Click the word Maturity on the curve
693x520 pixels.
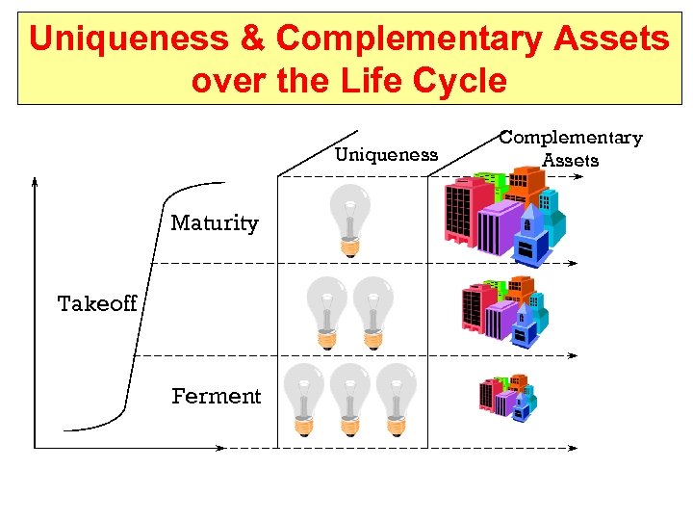(215, 223)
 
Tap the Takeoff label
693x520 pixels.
(97, 304)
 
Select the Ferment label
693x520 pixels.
(216, 396)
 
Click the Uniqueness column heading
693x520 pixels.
(386, 155)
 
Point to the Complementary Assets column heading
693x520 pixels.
(571, 148)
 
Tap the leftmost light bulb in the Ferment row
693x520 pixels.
(303, 398)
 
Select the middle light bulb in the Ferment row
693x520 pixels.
(349, 398)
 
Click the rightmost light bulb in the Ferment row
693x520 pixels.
(395, 398)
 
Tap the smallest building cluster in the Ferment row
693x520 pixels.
(507, 396)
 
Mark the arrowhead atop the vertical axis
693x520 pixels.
(35, 180)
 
